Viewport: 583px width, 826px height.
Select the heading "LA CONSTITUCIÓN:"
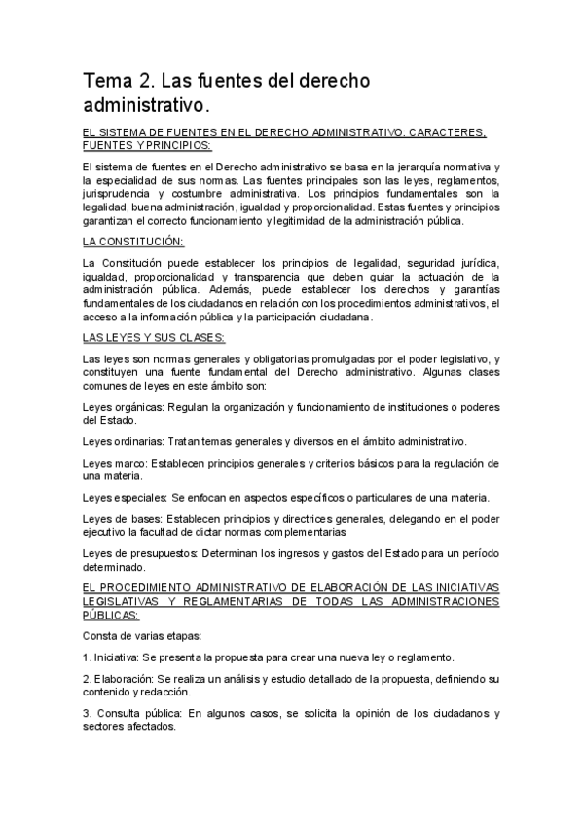(x=134, y=241)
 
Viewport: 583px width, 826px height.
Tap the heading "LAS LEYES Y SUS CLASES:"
(x=154, y=337)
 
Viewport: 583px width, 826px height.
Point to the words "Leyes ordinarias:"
(x=125, y=440)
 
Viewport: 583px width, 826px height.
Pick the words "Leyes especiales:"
(x=127, y=497)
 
